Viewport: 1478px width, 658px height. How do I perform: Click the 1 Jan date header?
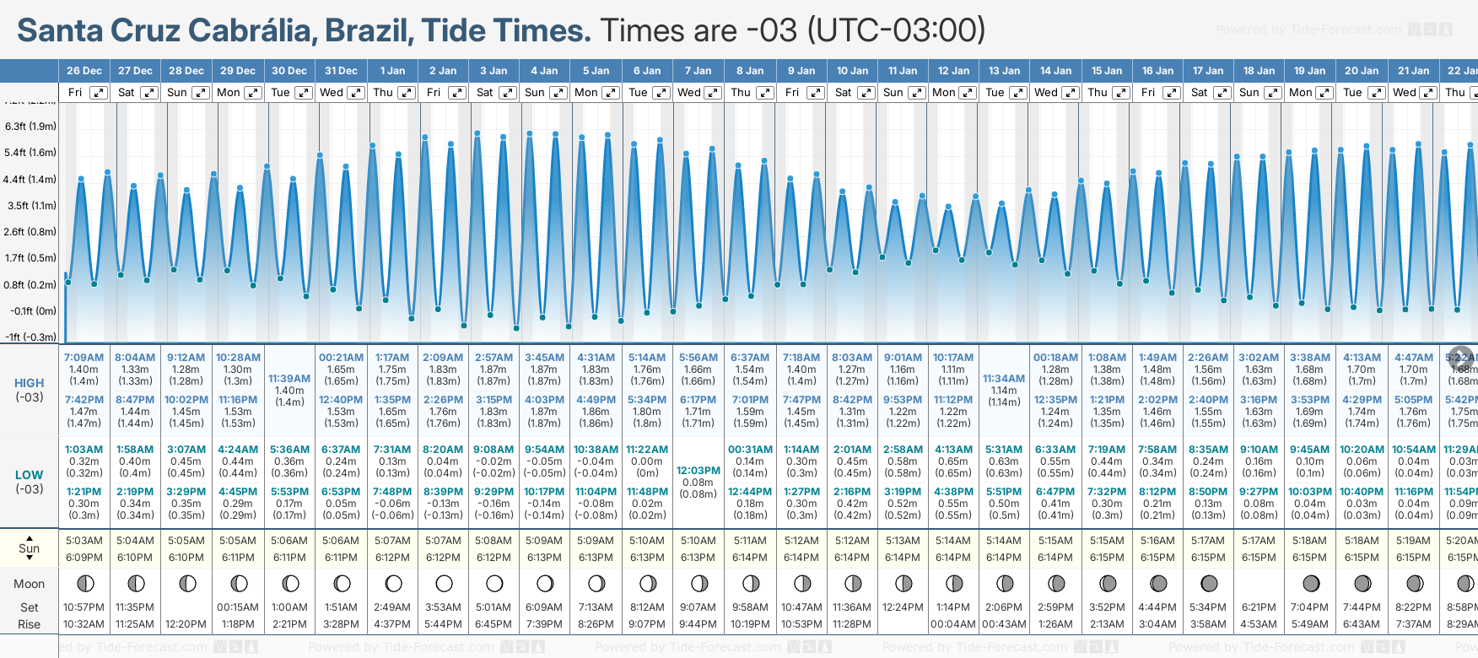point(392,71)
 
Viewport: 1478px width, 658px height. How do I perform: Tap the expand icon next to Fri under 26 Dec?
point(99,93)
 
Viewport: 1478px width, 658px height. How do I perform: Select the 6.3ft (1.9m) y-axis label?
point(30,127)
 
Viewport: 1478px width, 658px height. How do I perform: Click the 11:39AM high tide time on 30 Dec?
point(289,379)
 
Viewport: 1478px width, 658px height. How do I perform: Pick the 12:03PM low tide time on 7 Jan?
point(699,471)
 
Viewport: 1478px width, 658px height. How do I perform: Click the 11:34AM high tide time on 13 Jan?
point(1004,379)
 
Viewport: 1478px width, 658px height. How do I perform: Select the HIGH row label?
point(29,383)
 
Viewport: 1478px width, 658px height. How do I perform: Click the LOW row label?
point(29,475)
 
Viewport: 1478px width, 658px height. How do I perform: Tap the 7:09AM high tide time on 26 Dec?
point(84,358)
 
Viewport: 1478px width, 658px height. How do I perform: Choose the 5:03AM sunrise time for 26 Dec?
point(84,541)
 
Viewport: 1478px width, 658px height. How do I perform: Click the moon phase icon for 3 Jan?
point(494,583)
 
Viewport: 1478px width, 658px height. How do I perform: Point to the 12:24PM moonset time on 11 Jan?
point(903,607)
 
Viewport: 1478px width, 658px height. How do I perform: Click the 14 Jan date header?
point(1055,71)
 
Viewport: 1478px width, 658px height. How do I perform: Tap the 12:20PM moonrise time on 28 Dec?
point(186,624)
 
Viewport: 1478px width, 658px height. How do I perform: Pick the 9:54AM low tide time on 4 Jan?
point(544,450)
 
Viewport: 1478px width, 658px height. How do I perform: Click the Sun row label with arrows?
point(29,548)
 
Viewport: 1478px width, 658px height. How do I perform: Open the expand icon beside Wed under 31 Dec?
point(355,93)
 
